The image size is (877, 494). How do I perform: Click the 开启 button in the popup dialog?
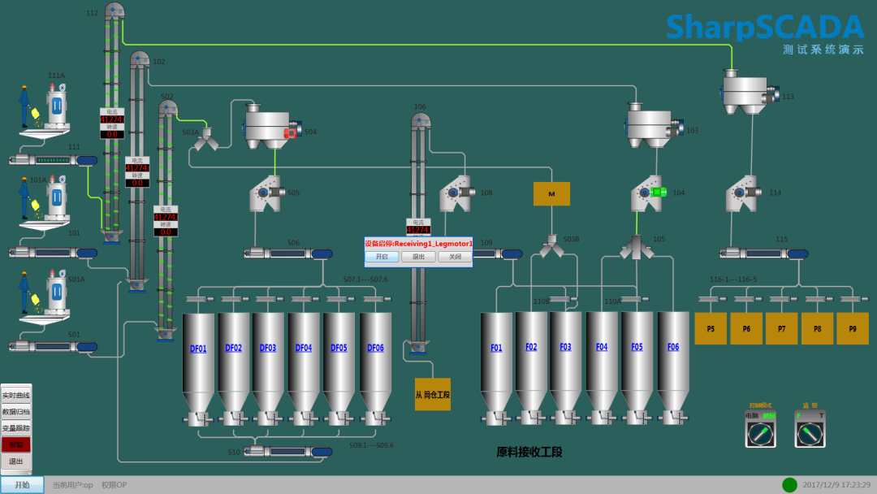pyautogui.click(x=382, y=257)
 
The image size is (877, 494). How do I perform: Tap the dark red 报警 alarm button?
pyautogui.click(x=16, y=444)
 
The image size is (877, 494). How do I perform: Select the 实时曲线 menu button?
pyautogui.click(x=16, y=395)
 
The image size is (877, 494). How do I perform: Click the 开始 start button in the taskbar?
pyautogui.click(x=22, y=485)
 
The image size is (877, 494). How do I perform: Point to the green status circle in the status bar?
pyautogui.click(x=789, y=485)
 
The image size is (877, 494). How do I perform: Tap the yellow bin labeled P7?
pyautogui.click(x=781, y=329)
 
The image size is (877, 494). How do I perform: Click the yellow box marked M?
pyautogui.click(x=551, y=193)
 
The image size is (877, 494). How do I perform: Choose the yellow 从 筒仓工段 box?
pyautogui.click(x=432, y=394)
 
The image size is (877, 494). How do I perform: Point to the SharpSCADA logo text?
pyautogui.click(x=765, y=28)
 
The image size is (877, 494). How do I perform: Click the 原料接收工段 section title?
pyautogui.click(x=529, y=452)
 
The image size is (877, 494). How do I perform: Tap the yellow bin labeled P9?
pyautogui.click(x=852, y=329)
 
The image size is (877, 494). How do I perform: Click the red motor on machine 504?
pyautogui.click(x=290, y=133)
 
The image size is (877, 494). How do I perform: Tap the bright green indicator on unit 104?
pyautogui.click(x=659, y=193)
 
